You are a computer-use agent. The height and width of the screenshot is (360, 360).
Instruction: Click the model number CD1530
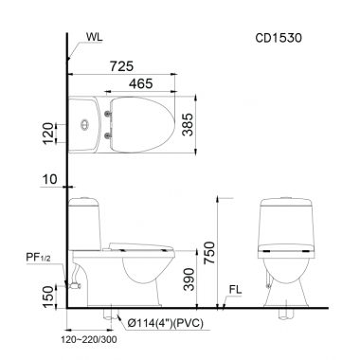279,38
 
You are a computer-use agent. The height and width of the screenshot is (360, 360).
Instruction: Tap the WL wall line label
94,37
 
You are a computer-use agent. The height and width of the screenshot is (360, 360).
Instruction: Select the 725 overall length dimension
121,66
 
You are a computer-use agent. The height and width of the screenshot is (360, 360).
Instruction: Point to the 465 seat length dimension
140,83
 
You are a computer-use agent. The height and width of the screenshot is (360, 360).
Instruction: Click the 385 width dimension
189,124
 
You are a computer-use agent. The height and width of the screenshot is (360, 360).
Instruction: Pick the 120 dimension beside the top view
48,134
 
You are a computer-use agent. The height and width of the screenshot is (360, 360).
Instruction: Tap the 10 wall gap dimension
50,179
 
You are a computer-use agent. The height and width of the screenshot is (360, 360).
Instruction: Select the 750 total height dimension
209,253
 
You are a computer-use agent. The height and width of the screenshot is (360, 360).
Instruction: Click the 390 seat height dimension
189,279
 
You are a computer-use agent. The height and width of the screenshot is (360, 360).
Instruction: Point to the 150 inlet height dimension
48,297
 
